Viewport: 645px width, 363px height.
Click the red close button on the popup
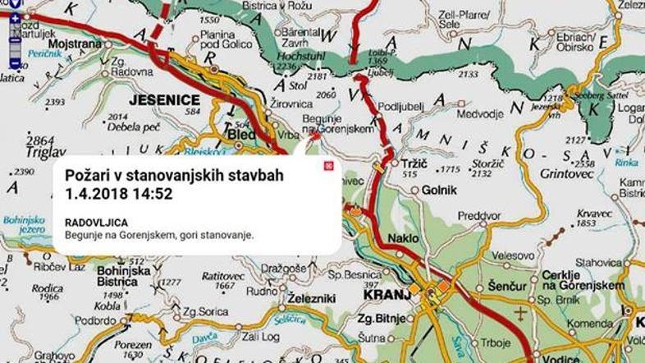(328, 166)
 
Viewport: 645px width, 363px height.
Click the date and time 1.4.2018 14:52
(120, 194)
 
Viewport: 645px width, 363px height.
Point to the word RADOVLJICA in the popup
(96, 222)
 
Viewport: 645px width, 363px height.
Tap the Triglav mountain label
(46, 152)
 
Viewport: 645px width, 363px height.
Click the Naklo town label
(405, 239)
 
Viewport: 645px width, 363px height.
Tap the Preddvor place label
(479, 216)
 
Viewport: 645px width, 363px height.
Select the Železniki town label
(312, 299)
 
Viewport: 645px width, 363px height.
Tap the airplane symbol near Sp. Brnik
(519, 314)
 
